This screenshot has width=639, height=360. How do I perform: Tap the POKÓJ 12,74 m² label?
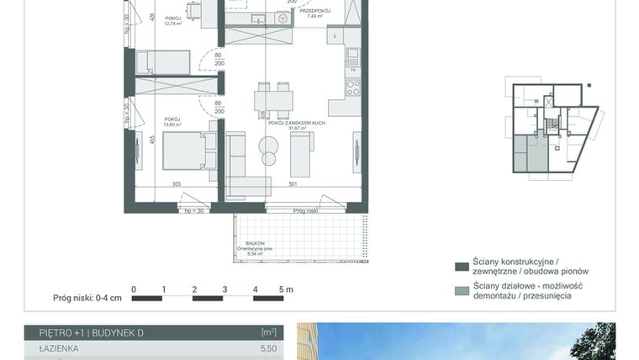173,20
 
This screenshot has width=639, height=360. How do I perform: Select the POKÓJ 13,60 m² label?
173,122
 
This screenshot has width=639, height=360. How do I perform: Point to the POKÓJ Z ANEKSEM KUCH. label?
292,124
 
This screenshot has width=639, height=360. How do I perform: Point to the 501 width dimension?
292,183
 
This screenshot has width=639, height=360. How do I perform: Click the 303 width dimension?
177,183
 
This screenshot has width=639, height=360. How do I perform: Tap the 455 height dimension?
153,140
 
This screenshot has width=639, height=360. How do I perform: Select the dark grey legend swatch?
461,267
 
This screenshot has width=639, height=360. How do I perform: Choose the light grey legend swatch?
461,291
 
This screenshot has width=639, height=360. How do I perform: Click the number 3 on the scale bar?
224,289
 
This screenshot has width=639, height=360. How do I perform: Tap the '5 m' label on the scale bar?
286,289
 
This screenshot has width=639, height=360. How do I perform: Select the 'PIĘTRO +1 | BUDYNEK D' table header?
84,333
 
